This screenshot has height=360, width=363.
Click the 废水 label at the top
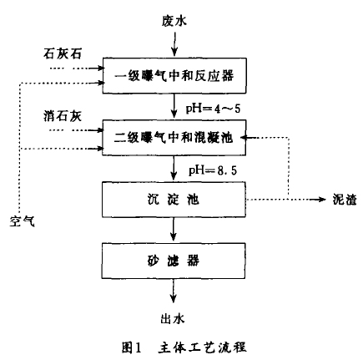[x=174, y=21]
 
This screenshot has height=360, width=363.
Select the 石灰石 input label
[x=63, y=53]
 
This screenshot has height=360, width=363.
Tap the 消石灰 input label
[x=63, y=115]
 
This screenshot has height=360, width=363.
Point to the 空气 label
[x=23, y=221]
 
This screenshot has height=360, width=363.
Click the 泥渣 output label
[x=345, y=199]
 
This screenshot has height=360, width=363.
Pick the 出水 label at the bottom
[x=173, y=318]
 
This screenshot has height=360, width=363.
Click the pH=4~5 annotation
[x=213, y=109]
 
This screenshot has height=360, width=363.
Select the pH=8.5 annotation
[x=213, y=170]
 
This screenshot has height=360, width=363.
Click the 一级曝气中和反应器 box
[x=174, y=75]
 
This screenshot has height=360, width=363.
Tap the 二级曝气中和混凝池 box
[x=174, y=138]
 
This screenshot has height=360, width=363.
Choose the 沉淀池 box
[x=174, y=200]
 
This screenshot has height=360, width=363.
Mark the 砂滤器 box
[x=174, y=261]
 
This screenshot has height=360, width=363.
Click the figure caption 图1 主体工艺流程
[x=184, y=347]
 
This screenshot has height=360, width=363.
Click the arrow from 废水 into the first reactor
[x=174, y=44]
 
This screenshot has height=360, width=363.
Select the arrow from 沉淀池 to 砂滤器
[x=174, y=229]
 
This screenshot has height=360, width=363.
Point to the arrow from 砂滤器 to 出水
[x=173, y=291]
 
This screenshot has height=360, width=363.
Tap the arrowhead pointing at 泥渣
[x=322, y=199]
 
